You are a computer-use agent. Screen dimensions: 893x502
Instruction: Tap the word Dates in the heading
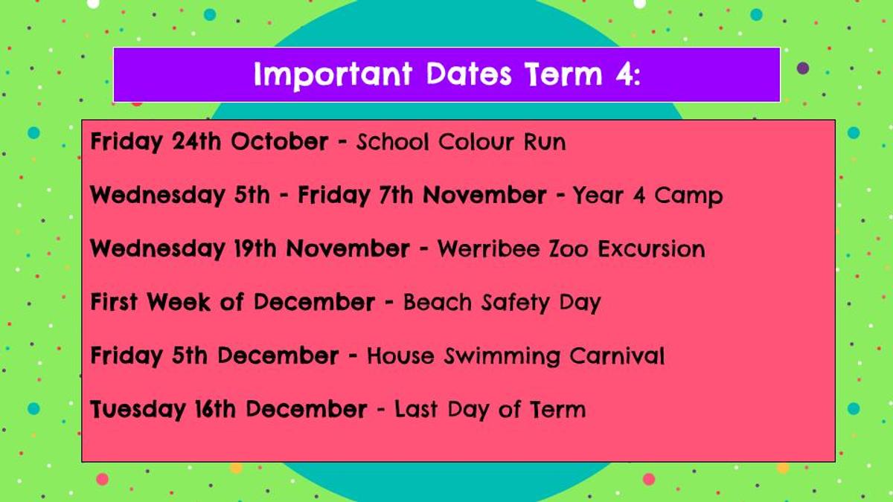pos(469,74)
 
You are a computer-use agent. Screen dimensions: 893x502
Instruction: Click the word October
pos(280,141)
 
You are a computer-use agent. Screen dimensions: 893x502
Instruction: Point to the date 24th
pos(196,141)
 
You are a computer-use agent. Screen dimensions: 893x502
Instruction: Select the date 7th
pos(395,195)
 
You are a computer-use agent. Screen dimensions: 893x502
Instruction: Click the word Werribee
pos(489,248)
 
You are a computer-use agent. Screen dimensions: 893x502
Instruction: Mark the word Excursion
pos(651,249)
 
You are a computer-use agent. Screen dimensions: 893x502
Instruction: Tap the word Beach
pos(438,302)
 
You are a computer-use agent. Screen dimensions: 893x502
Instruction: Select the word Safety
pos(516,303)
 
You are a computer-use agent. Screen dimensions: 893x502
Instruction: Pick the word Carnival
pos(617,355)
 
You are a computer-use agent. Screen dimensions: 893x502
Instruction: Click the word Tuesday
pos(138,410)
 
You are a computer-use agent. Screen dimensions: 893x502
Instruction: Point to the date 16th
pos(215,409)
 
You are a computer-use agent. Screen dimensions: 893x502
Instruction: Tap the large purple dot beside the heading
pos(803,68)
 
